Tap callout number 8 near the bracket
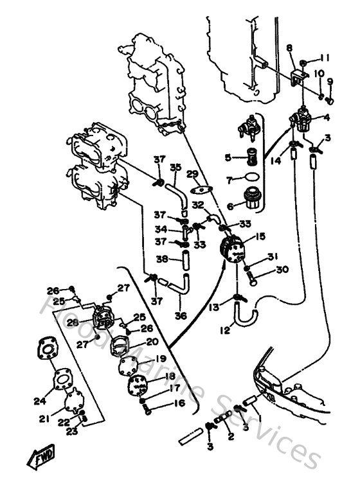click(289, 48)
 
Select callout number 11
click(325, 57)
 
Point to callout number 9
click(330, 82)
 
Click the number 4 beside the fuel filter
click(327, 118)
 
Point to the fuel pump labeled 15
click(232, 249)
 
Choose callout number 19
click(161, 359)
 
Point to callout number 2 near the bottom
click(230, 436)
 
